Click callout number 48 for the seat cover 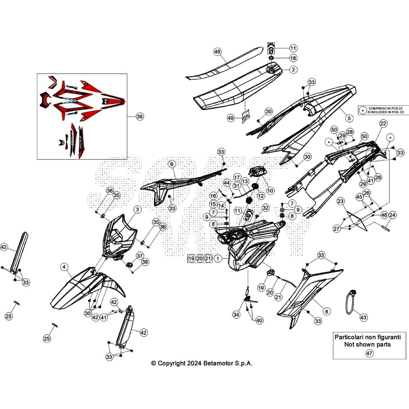[x=217, y=52]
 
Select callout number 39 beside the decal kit [x=140, y=117]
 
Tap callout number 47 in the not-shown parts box [x=369, y=353]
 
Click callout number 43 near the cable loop [x=363, y=317]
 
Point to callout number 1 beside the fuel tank [x=218, y=259]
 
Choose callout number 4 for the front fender [x=64, y=267]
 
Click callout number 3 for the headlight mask [x=138, y=210]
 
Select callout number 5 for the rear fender [x=349, y=118]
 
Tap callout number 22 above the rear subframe [x=383, y=123]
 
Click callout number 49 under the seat [x=231, y=118]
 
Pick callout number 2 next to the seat [x=293, y=70]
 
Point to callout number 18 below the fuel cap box [x=293, y=58]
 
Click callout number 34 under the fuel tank [x=236, y=315]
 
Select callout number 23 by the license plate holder [x=340, y=201]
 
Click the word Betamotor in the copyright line [x=218, y=363]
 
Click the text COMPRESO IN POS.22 [x=385, y=108]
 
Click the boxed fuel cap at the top [x=271, y=48]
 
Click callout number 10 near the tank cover [x=270, y=191]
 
